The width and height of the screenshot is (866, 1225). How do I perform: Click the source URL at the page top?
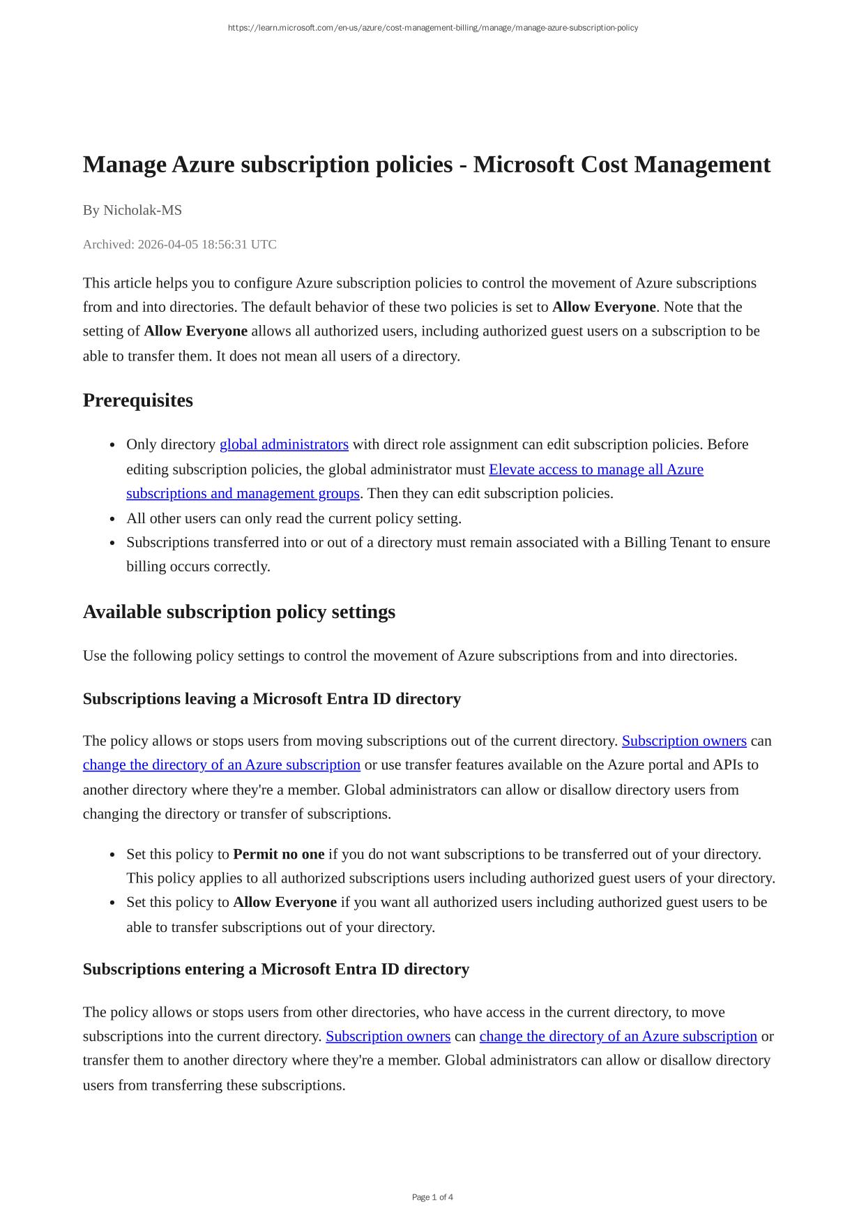(x=432, y=28)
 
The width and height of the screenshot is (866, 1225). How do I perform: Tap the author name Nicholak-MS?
(x=142, y=210)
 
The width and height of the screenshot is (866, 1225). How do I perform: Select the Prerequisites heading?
(x=138, y=400)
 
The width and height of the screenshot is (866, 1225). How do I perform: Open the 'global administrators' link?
(x=284, y=444)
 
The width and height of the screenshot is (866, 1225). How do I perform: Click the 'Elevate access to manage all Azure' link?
(x=596, y=469)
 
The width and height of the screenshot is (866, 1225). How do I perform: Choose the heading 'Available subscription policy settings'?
(x=239, y=612)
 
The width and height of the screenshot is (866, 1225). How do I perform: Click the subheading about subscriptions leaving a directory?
(x=272, y=699)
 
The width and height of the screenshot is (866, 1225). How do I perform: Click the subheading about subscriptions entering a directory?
(x=276, y=969)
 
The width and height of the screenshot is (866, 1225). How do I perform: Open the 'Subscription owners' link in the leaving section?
(x=684, y=741)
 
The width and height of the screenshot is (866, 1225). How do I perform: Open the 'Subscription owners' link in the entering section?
(x=388, y=1036)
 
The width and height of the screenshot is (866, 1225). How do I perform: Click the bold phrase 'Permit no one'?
(x=279, y=854)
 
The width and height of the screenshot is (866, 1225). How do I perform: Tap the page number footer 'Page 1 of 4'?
(x=432, y=1197)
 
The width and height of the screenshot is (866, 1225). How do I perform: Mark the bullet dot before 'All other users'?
(x=113, y=519)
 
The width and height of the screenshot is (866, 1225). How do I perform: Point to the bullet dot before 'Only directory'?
(x=113, y=445)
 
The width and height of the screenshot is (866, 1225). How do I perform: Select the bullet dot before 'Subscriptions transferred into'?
(x=113, y=543)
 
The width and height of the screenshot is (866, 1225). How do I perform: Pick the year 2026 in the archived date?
(x=151, y=244)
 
